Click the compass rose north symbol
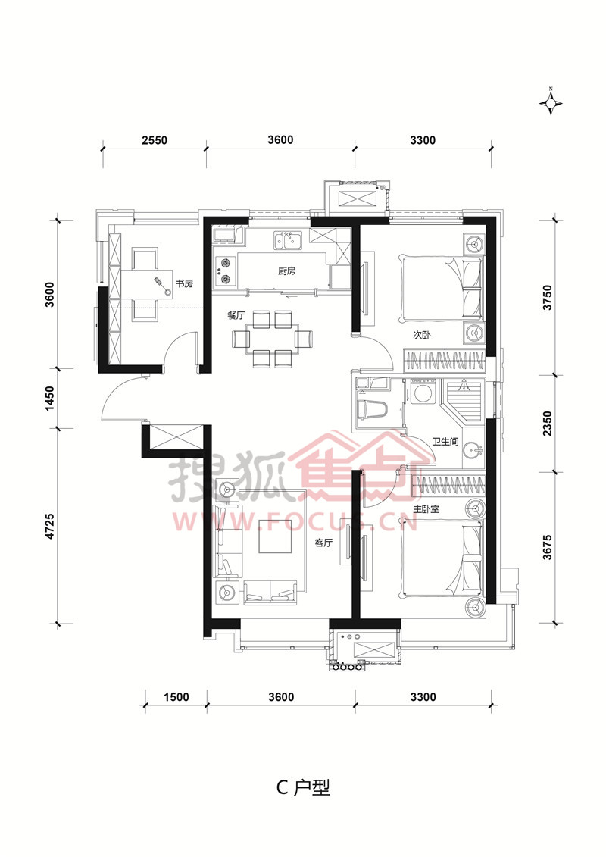pyautogui.click(x=551, y=102)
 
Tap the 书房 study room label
pyautogui.click(x=184, y=283)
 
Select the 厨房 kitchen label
pyautogui.click(x=287, y=271)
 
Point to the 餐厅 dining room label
pyautogui.click(x=236, y=315)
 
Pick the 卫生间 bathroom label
pyautogui.click(x=445, y=441)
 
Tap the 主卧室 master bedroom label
pyautogui.click(x=426, y=508)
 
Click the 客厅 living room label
pyautogui.click(x=323, y=543)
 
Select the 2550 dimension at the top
pyautogui.click(x=155, y=140)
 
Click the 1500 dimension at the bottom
pyautogui.click(x=176, y=697)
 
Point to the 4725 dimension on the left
pyautogui.click(x=50, y=527)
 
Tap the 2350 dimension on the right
pyautogui.click(x=548, y=424)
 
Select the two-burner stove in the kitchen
pyautogui.click(x=225, y=271)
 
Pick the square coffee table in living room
pyautogui.click(x=276, y=536)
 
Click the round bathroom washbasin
pyautogui.click(x=472, y=451)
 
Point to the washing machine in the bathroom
pyautogui.click(x=422, y=392)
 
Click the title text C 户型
pyautogui.click(x=303, y=787)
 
